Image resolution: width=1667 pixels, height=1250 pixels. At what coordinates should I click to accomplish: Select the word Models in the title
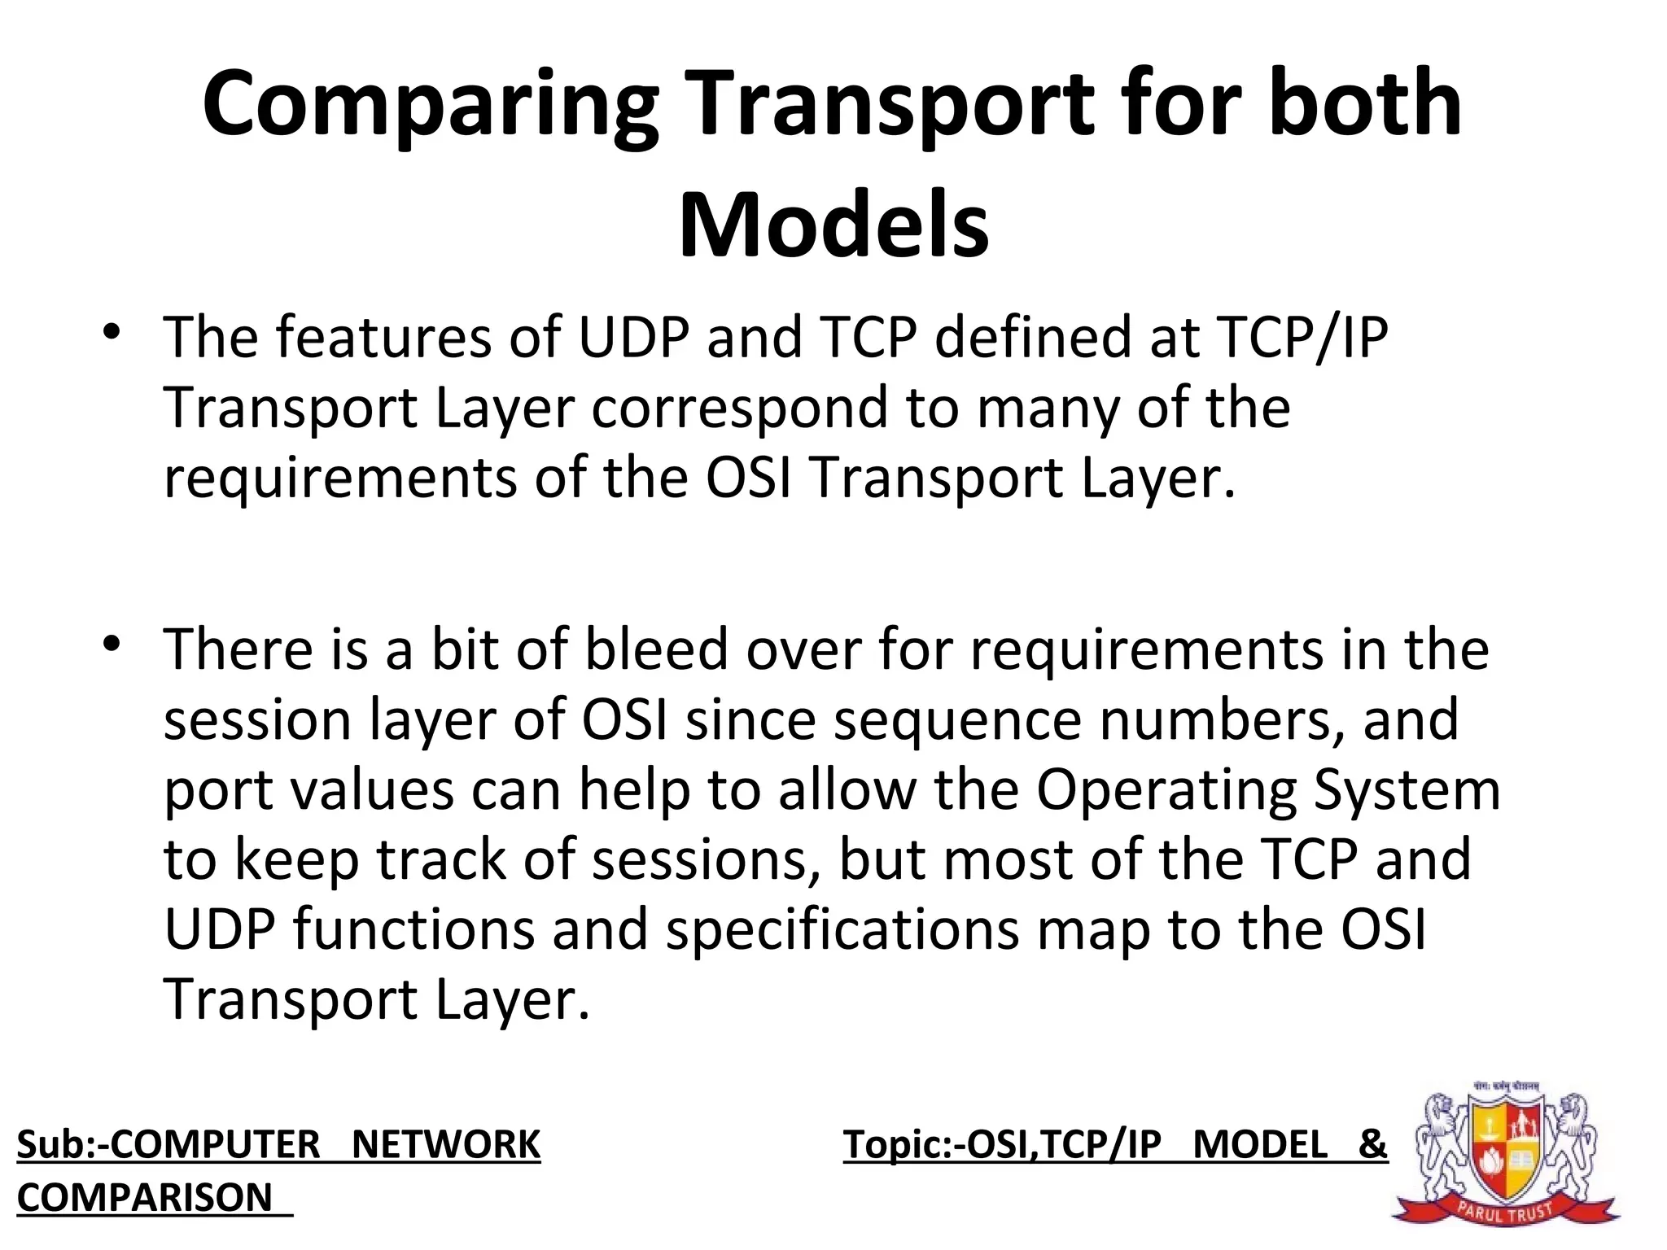click(x=833, y=225)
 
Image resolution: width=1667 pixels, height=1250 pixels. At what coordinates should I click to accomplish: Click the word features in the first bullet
click(x=383, y=338)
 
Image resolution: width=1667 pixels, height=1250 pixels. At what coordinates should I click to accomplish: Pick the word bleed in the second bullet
click(x=656, y=650)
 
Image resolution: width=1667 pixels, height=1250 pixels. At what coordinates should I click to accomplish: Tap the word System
click(x=1407, y=790)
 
